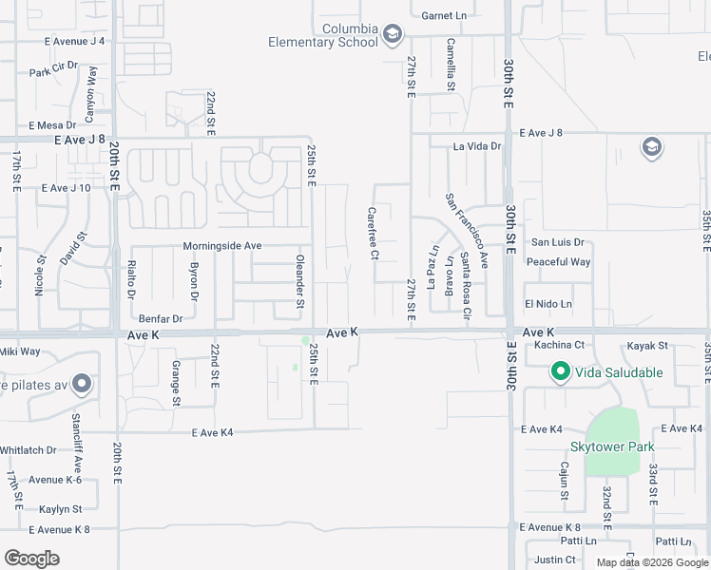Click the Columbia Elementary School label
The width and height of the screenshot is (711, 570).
pos(322,35)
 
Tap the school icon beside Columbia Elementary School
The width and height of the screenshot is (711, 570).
pos(391,36)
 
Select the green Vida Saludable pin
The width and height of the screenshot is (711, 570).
pos(561,372)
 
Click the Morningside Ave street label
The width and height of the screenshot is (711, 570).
pos(222,245)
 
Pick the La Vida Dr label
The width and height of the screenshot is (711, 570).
pos(476,146)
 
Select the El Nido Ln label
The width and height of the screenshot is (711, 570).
pos(549,304)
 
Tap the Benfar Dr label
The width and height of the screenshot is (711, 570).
pos(160,318)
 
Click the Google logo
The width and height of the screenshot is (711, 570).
pos(31,559)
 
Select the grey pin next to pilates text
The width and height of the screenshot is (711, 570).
pos(82,385)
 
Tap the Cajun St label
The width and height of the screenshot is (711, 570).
pos(564,482)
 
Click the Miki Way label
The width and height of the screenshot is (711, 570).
pos(20,351)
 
